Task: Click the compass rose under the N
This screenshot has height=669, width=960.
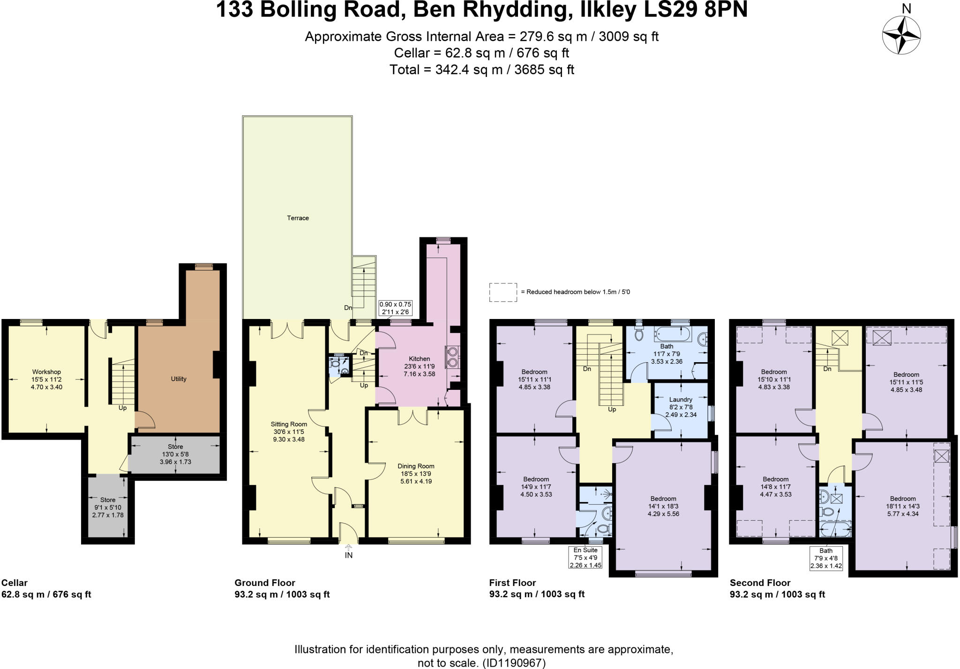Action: pyautogui.click(x=901, y=35)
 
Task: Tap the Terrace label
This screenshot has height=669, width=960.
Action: pyautogui.click(x=298, y=218)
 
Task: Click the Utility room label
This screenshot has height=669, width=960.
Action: pyautogui.click(x=179, y=379)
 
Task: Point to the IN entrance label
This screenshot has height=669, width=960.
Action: pyautogui.click(x=348, y=555)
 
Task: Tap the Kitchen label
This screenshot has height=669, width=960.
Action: pyautogui.click(x=419, y=359)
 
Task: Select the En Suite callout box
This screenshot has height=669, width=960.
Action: pyautogui.click(x=585, y=557)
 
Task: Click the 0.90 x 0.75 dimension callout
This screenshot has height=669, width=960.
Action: pyautogui.click(x=395, y=308)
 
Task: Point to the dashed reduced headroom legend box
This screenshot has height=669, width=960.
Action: pyautogui.click(x=503, y=292)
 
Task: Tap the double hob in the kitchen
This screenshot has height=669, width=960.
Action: pyautogui.click(x=452, y=357)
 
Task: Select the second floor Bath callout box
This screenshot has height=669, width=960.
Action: pyautogui.click(x=826, y=558)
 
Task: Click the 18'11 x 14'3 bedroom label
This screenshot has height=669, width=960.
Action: pyautogui.click(x=903, y=506)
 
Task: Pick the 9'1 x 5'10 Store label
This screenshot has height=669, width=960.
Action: pyautogui.click(x=108, y=507)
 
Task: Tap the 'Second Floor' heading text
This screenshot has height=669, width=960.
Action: pyautogui.click(x=760, y=583)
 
